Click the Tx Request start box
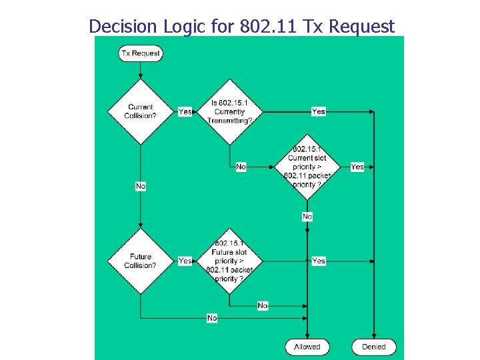pos(141,53)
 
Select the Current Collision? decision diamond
pos(140,111)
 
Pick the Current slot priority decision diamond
pos(307,167)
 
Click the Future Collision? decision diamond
pos(140,261)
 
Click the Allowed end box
pos(307,347)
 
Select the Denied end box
pos(374,347)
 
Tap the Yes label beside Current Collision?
pos(185,112)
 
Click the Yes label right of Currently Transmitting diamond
pos(319,111)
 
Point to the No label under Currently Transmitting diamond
pos(241,167)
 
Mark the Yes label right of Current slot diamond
pos(357,167)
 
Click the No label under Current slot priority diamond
pos(307,217)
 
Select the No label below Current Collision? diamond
pos(141,186)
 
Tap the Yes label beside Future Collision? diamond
pos(185,261)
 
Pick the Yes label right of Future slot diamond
pos(319,261)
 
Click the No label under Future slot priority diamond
pos(263,305)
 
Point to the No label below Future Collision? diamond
pos(212,318)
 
